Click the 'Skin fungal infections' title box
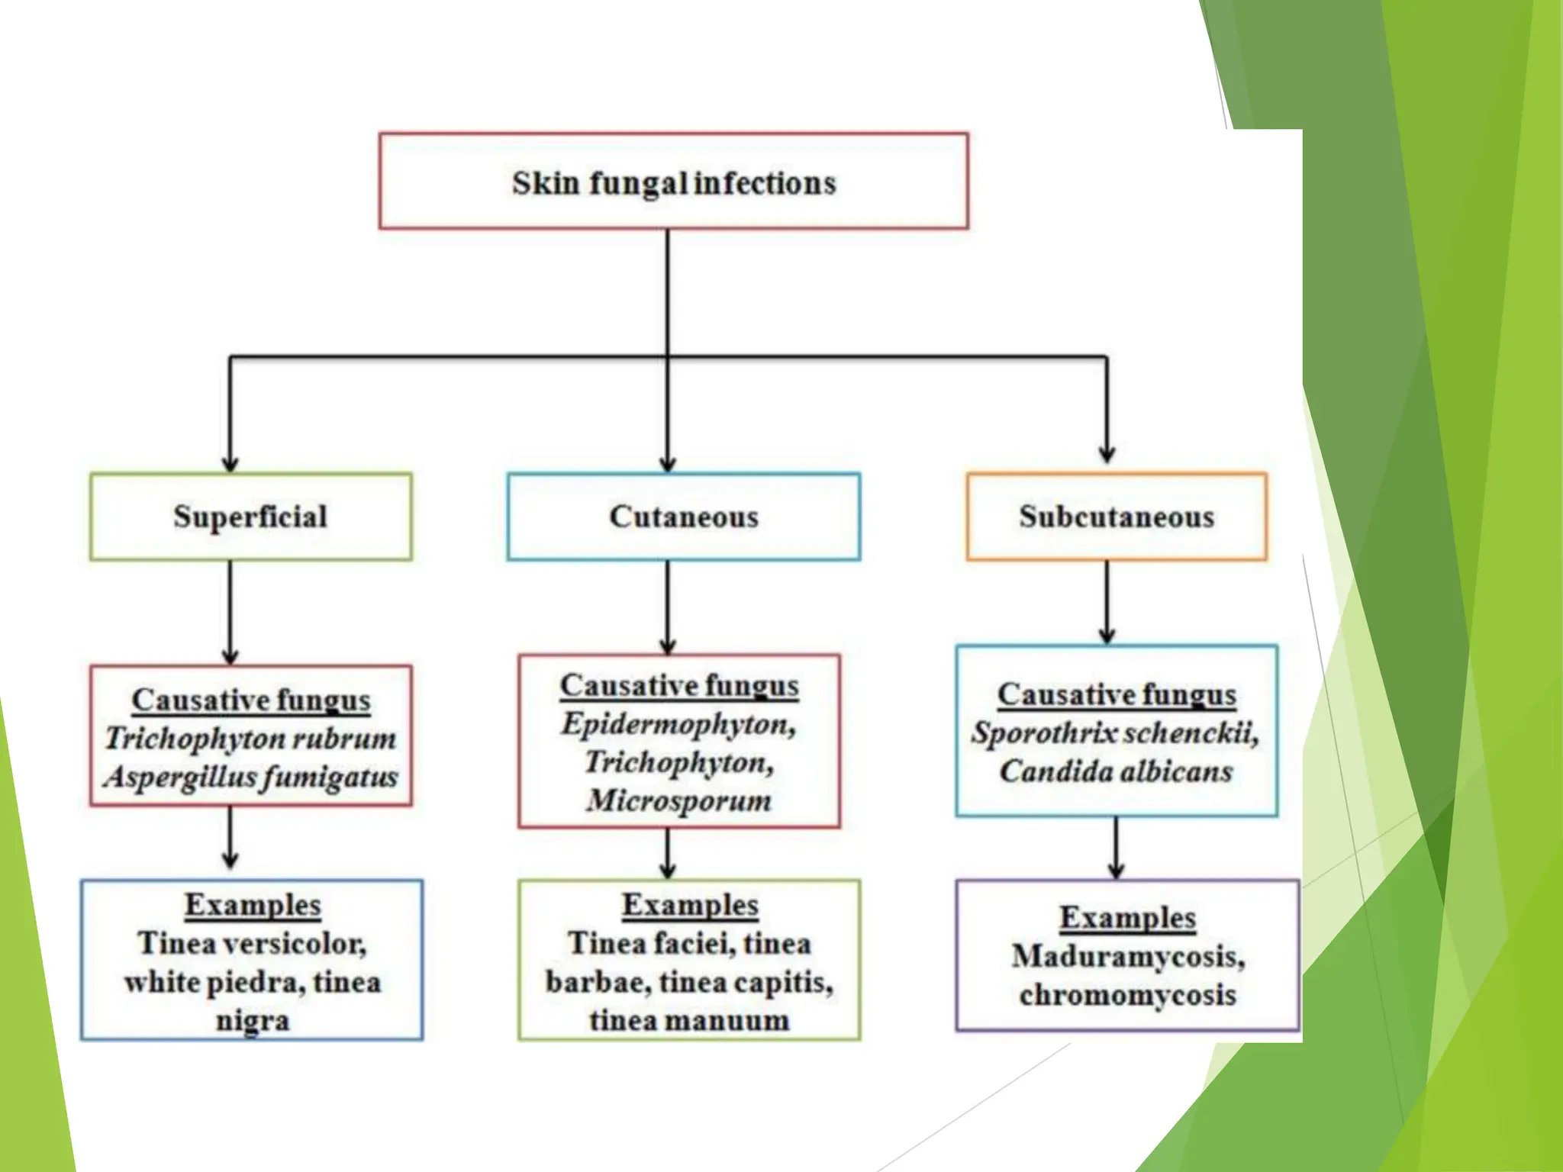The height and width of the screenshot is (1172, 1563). (x=674, y=182)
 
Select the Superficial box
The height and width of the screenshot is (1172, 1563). (x=250, y=517)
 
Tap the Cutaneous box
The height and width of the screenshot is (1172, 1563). (x=683, y=517)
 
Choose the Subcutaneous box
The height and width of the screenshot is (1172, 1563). (x=1116, y=517)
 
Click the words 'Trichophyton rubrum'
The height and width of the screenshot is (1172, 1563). (x=251, y=738)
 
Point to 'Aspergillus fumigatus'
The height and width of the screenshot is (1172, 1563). (x=251, y=777)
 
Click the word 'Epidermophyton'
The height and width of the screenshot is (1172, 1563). (x=676, y=723)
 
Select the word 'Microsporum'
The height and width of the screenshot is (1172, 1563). (x=679, y=800)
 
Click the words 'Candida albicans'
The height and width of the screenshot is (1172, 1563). (x=1116, y=771)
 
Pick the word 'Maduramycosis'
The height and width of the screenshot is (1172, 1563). (x=1126, y=956)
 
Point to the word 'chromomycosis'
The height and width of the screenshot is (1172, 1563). (x=1127, y=995)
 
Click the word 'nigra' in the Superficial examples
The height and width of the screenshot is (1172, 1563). (x=252, y=1020)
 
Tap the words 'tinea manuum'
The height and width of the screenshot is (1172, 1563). (x=689, y=1020)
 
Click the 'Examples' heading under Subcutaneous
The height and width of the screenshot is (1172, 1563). (x=1127, y=917)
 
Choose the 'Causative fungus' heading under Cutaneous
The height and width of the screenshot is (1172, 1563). (x=679, y=685)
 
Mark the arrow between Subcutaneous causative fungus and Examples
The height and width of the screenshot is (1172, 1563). (x=1116, y=847)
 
